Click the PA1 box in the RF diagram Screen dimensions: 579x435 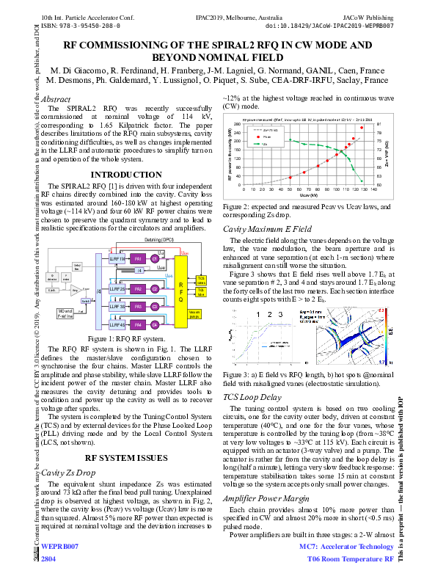point(137,259)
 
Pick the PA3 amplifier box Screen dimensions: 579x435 point(137,305)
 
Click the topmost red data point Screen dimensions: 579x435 point(361,128)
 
